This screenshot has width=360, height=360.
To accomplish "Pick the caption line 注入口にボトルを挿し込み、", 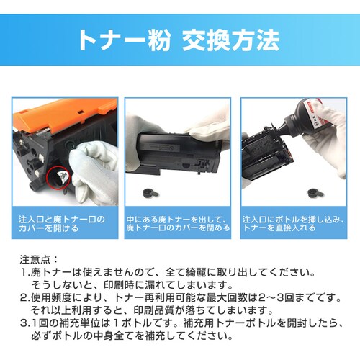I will pos(294,218).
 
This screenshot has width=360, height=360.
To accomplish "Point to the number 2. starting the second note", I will pos(25,297).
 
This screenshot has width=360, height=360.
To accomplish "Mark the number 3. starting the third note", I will pos(25,323).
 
